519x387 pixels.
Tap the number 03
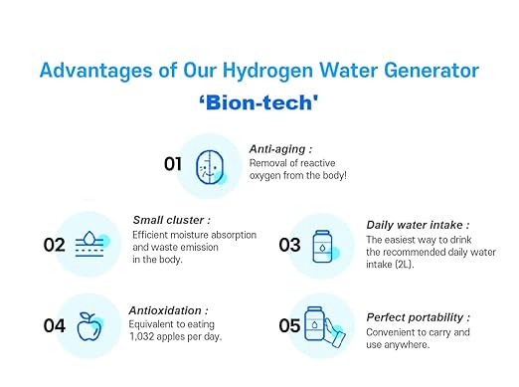pyautogui.click(x=289, y=244)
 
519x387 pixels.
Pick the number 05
pyautogui.click(x=289, y=325)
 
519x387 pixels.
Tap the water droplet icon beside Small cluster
pyautogui.click(x=90, y=244)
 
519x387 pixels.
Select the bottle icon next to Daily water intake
pyautogui.click(x=324, y=244)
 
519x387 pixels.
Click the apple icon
pyautogui.click(x=90, y=324)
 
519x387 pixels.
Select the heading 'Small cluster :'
pyautogui.click(x=171, y=220)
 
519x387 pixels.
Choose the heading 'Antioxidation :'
pyautogui.click(x=168, y=309)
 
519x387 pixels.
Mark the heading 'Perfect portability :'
pyautogui.click(x=418, y=317)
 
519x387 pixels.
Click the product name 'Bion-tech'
pyautogui.click(x=259, y=102)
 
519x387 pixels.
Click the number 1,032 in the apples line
pyautogui.click(x=148, y=336)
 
